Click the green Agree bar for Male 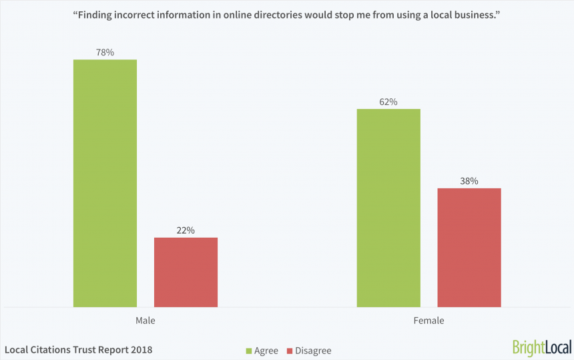point(105,183)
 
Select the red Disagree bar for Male point(186,272)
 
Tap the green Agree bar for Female point(388,208)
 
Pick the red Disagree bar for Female point(469,247)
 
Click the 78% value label point(105,52)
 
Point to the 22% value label point(186,230)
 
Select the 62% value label point(388,102)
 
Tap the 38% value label point(469,181)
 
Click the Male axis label point(146,321)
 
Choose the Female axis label point(428,321)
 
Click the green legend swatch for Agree point(249,351)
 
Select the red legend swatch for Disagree point(290,351)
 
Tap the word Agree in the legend point(266,351)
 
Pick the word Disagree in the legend point(314,351)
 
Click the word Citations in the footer point(55,349)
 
